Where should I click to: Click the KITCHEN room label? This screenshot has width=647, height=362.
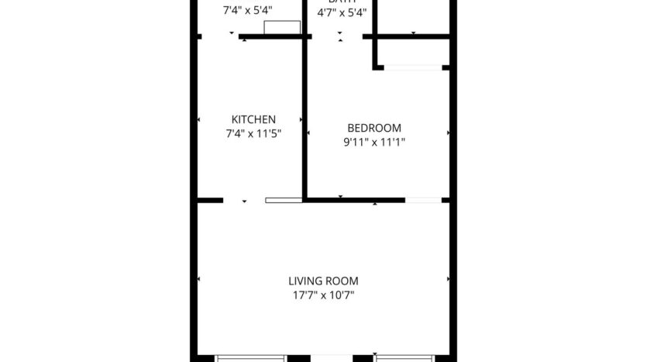[253, 119]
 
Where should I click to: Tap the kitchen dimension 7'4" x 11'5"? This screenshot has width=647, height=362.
[253, 133]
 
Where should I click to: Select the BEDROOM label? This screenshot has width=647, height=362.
[374, 128]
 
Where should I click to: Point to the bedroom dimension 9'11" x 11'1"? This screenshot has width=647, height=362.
[374, 142]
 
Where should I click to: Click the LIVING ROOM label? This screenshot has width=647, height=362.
[323, 281]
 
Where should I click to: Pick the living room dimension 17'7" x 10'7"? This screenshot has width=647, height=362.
[323, 295]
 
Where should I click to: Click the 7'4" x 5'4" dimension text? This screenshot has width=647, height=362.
[248, 11]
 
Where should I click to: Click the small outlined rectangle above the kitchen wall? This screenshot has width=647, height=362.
[282, 28]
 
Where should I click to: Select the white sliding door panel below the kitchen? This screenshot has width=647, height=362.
[284, 200]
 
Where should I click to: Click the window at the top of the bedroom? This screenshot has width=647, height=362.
[413, 68]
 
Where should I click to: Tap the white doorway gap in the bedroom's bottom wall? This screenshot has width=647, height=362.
[423, 201]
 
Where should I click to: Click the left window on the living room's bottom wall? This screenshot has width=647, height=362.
[250, 358]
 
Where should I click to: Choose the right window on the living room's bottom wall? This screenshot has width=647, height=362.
[408, 358]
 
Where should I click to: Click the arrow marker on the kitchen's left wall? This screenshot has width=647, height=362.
[199, 120]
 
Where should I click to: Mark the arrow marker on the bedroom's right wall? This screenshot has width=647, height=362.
[448, 133]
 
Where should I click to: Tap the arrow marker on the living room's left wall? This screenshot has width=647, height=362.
[199, 278]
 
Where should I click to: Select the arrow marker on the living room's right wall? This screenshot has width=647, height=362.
[448, 278]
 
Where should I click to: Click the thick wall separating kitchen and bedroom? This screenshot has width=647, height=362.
[305, 116]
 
